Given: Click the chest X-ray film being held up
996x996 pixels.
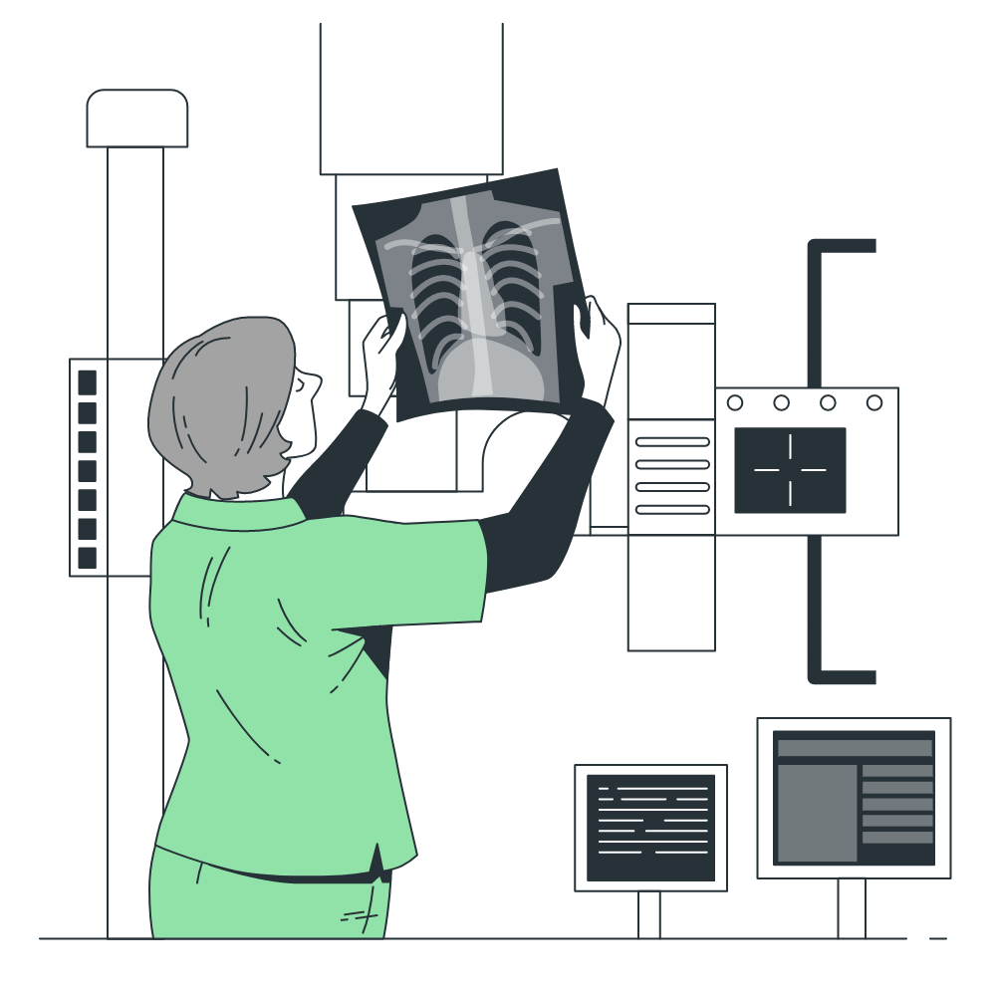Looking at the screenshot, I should click(468, 289).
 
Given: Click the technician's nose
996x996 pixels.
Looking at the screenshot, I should click(315, 380).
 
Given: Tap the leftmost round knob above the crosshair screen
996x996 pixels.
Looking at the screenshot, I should click(735, 403).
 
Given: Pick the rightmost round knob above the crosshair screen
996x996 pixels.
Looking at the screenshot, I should click(873, 403).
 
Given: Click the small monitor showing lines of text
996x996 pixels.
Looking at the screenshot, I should click(650, 827).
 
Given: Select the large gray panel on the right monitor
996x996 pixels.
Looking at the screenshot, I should click(817, 813).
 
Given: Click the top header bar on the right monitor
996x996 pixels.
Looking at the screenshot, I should click(855, 748).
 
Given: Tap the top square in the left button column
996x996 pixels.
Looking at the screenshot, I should click(88, 382).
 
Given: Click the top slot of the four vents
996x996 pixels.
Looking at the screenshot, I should click(672, 441).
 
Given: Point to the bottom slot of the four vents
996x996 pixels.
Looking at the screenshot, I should click(672, 509).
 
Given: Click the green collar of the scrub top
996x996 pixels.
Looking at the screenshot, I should click(239, 514).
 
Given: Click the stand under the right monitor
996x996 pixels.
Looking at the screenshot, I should click(851, 907).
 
